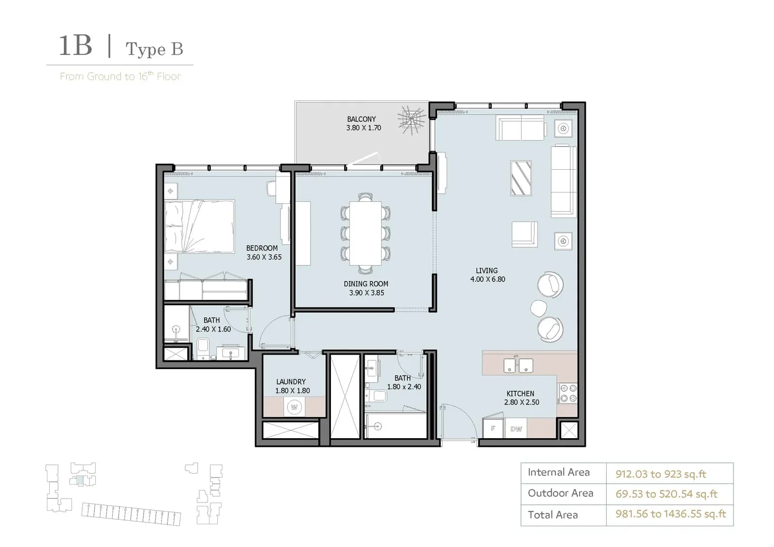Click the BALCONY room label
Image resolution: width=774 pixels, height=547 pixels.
(x=361, y=119)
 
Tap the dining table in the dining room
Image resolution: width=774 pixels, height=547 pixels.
(x=365, y=233)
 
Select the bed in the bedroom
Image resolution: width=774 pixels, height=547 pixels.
(x=199, y=226)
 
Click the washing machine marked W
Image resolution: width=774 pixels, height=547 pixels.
(x=294, y=407)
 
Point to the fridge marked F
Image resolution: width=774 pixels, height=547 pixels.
(x=493, y=428)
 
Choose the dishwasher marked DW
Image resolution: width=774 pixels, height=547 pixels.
(x=516, y=429)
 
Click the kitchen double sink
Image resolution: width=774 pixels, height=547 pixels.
(x=518, y=365)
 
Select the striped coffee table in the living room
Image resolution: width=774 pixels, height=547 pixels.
(x=521, y=178)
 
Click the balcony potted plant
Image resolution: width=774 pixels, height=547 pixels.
(x=412, y=119)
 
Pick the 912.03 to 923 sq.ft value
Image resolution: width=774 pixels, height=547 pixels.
(x=661, y=474)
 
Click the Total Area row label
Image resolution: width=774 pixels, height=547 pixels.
(x=552, y=515)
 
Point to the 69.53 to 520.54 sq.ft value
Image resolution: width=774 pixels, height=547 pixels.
(x=667, y=494)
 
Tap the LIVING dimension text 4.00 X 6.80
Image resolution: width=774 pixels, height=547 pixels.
(x=488, y=279)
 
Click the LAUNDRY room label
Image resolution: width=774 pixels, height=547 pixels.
(x=291, y=382)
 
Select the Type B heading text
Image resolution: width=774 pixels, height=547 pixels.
(x=154, y=49)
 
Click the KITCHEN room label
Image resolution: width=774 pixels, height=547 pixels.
(x=521, y=394)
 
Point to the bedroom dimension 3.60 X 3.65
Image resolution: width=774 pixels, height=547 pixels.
(x=264, y=257)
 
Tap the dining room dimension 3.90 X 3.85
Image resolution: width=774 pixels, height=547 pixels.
(x=367, y=293)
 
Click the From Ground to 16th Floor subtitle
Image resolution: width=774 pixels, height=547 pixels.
(x=120, y=76)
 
